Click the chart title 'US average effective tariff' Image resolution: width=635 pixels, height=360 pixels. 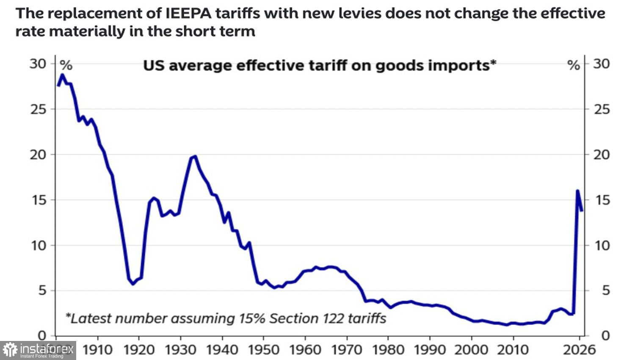319,66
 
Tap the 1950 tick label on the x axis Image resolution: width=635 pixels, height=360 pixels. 263,350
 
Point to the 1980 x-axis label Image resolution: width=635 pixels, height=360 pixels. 388,350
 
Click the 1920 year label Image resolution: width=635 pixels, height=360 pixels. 139,350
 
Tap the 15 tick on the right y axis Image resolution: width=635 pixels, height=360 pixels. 601,200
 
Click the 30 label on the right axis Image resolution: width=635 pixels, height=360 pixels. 601,64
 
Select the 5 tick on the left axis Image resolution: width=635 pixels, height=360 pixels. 42,291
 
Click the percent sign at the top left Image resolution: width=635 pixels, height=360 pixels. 66,66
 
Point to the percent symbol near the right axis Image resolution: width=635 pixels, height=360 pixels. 573,66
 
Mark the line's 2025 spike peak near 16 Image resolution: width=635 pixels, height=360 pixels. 577,191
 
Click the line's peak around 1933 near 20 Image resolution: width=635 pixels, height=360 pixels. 195,156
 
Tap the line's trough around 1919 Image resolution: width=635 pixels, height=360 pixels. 133,284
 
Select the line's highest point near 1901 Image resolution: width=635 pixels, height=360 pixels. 62,75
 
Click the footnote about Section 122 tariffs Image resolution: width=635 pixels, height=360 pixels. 226,318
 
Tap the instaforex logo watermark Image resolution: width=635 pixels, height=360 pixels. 38,350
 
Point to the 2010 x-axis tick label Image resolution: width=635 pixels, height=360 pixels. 513,350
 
